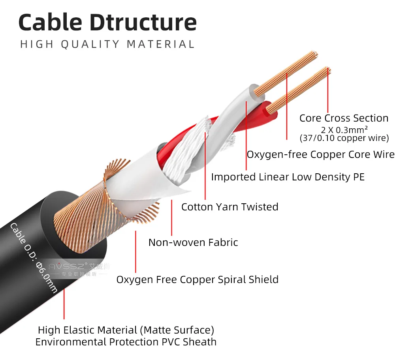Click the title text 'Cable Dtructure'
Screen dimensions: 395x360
click(107, 22)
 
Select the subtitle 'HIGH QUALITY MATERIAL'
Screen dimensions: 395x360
click(107, 44)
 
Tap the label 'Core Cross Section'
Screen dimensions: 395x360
click(344, 118)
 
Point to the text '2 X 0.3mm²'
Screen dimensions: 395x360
click(344, 129)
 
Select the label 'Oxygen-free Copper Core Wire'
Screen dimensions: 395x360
click(320, 154)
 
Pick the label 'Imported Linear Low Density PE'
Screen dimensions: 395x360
click(288, 176)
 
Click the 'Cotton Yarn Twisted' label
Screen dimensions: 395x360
click(229, 207)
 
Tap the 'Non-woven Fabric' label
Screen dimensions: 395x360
click(193, 242)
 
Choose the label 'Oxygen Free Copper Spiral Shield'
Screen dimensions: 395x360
click(197, 279)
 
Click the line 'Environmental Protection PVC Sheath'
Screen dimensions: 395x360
click(126, 342)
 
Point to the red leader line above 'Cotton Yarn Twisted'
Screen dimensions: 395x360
click(205, 166)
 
